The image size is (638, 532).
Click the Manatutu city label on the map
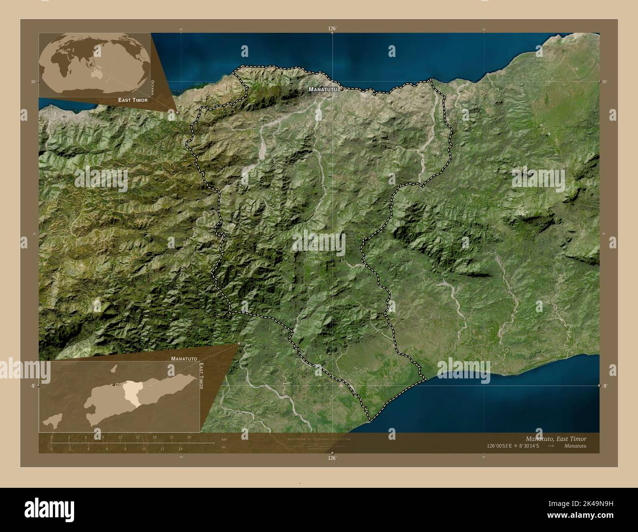(321, 90)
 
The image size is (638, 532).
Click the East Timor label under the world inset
(133, 100)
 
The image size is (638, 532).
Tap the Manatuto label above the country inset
(184, 359)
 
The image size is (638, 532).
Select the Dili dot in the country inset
(114, 384)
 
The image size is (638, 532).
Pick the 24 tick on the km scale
(189, 437)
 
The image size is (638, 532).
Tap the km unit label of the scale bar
(224, 439)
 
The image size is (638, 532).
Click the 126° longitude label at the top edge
(333, 29)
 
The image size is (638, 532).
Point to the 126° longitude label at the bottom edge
(333, 458)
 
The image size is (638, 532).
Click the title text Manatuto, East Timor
(556, 438)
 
